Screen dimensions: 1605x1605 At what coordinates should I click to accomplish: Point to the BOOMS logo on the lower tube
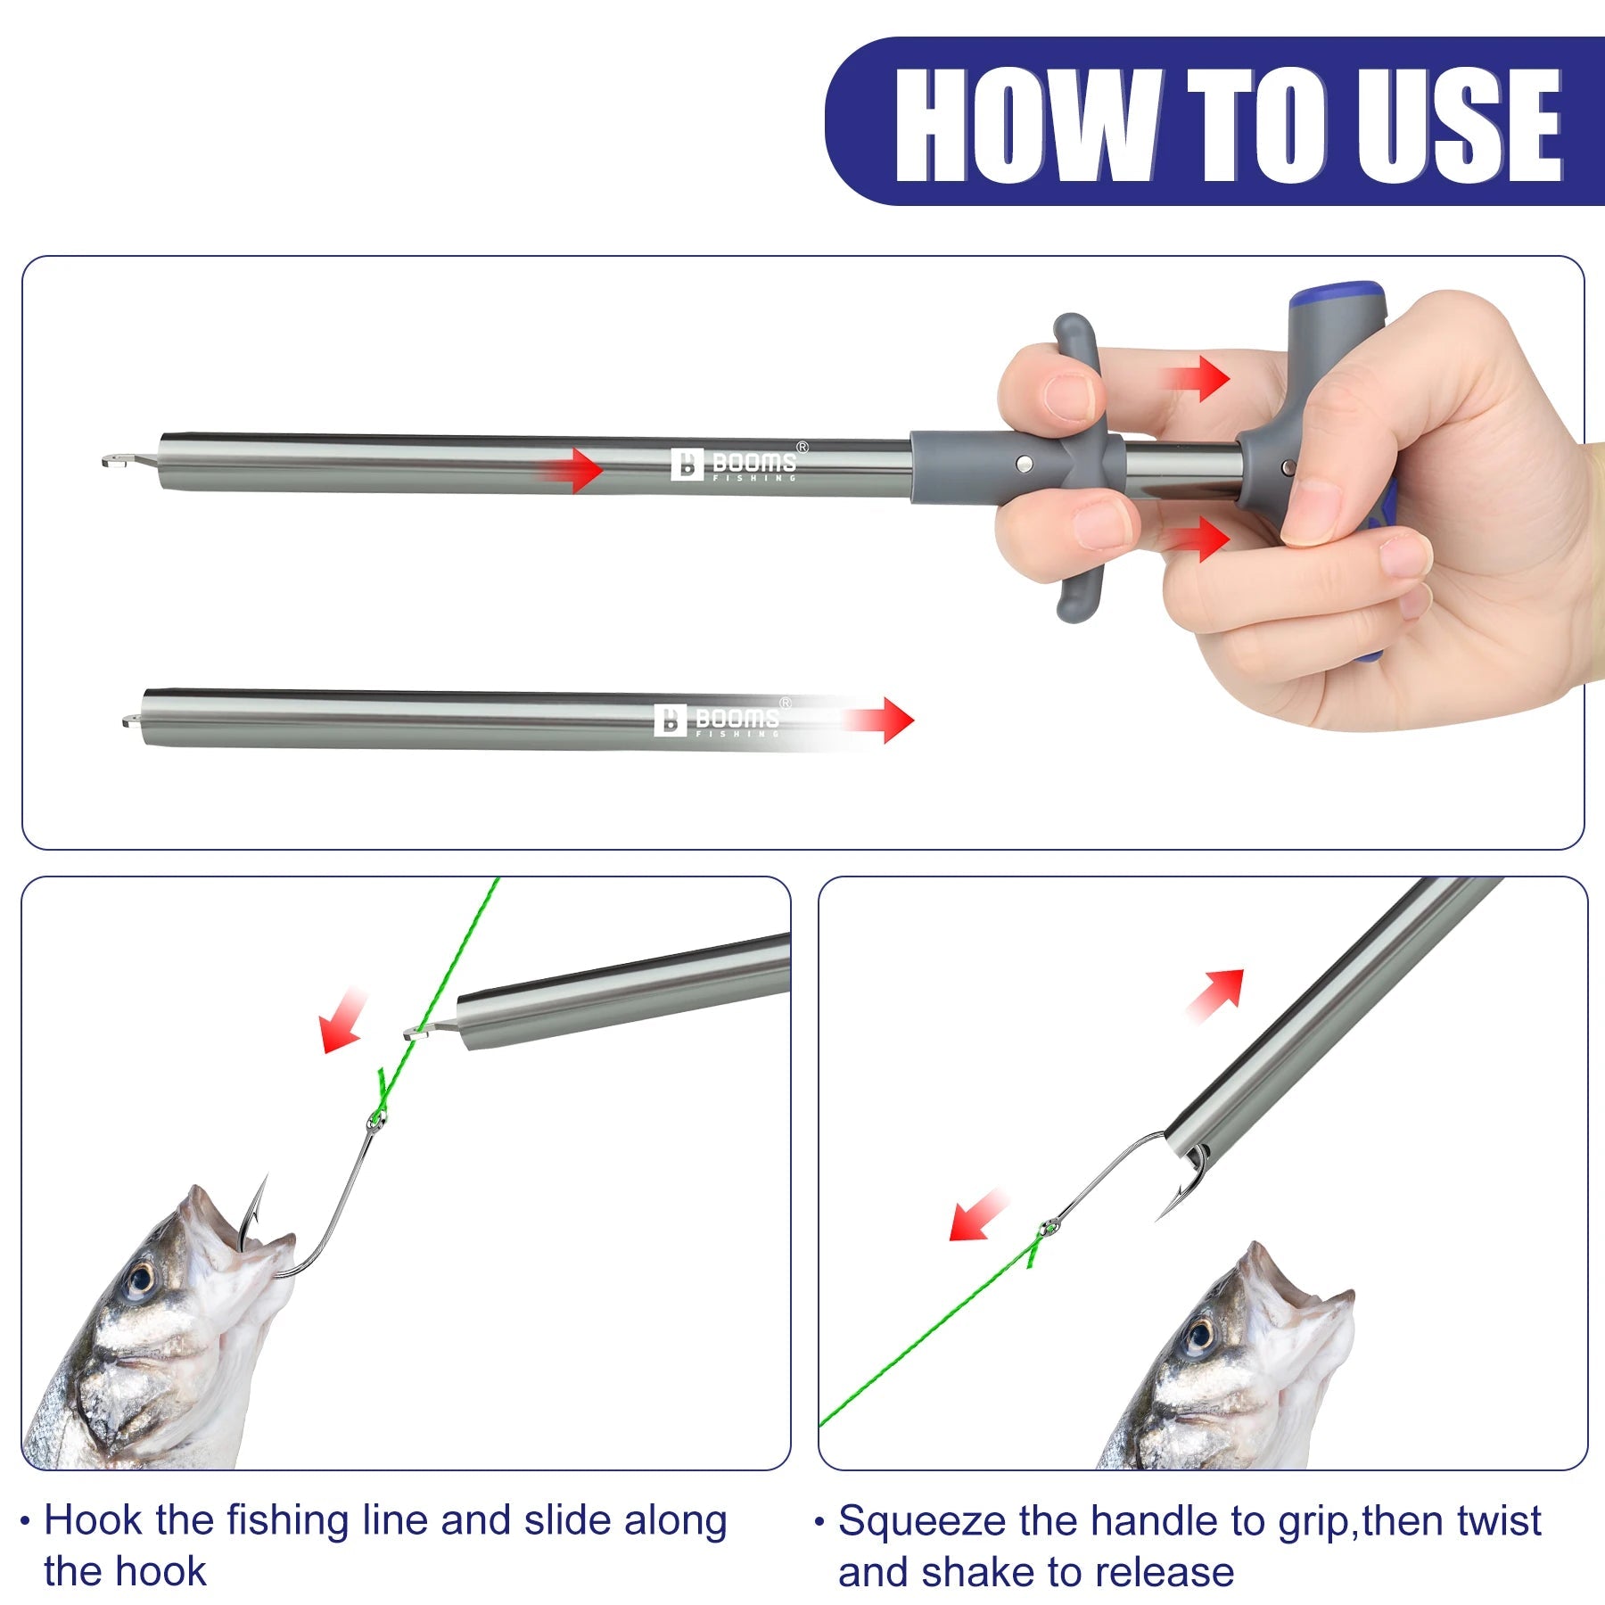[x=719, y=720]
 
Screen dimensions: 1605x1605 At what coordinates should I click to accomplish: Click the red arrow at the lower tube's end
[x=883, y=720]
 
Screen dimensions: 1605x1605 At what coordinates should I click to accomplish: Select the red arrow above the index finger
[x=1199, y=379]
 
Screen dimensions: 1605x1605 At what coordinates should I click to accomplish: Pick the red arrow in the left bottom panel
[x=343, y=1021]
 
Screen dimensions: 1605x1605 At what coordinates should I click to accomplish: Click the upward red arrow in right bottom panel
[x=1217, y=994]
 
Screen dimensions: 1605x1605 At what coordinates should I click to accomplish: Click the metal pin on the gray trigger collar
[x=1025, y=463]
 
